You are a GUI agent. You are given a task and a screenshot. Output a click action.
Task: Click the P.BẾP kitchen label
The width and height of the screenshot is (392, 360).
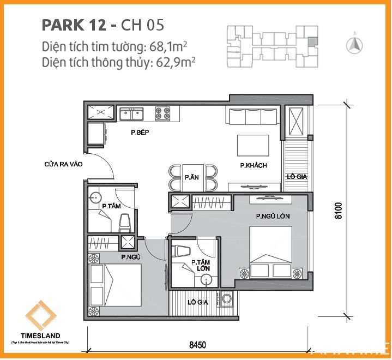tap(140, 133)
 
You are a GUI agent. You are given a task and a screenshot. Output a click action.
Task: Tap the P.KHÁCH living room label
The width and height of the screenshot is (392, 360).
tap(254, 166)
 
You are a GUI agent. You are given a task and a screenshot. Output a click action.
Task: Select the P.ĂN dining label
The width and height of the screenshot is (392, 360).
tap(191, 177)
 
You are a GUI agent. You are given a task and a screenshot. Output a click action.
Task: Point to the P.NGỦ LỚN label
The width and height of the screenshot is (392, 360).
tap(273, 217)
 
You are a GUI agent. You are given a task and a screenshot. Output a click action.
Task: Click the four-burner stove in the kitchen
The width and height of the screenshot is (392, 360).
tap(162, 113)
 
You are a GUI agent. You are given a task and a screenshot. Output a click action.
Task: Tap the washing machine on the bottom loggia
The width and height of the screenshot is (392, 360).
tap(226, 299)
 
